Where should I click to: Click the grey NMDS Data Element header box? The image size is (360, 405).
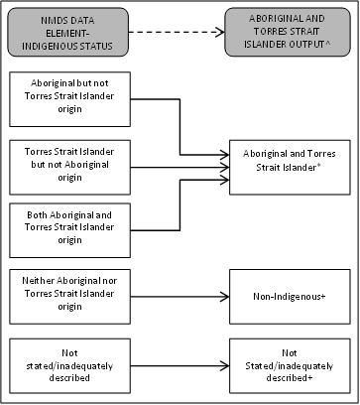(x=71, y=34)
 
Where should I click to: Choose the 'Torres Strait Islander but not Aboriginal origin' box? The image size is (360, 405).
(x=71, y=166)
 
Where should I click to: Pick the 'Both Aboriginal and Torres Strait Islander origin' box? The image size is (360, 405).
(x=71, y=227)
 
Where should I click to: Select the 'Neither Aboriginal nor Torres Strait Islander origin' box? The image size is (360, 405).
(x=71, y=296)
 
